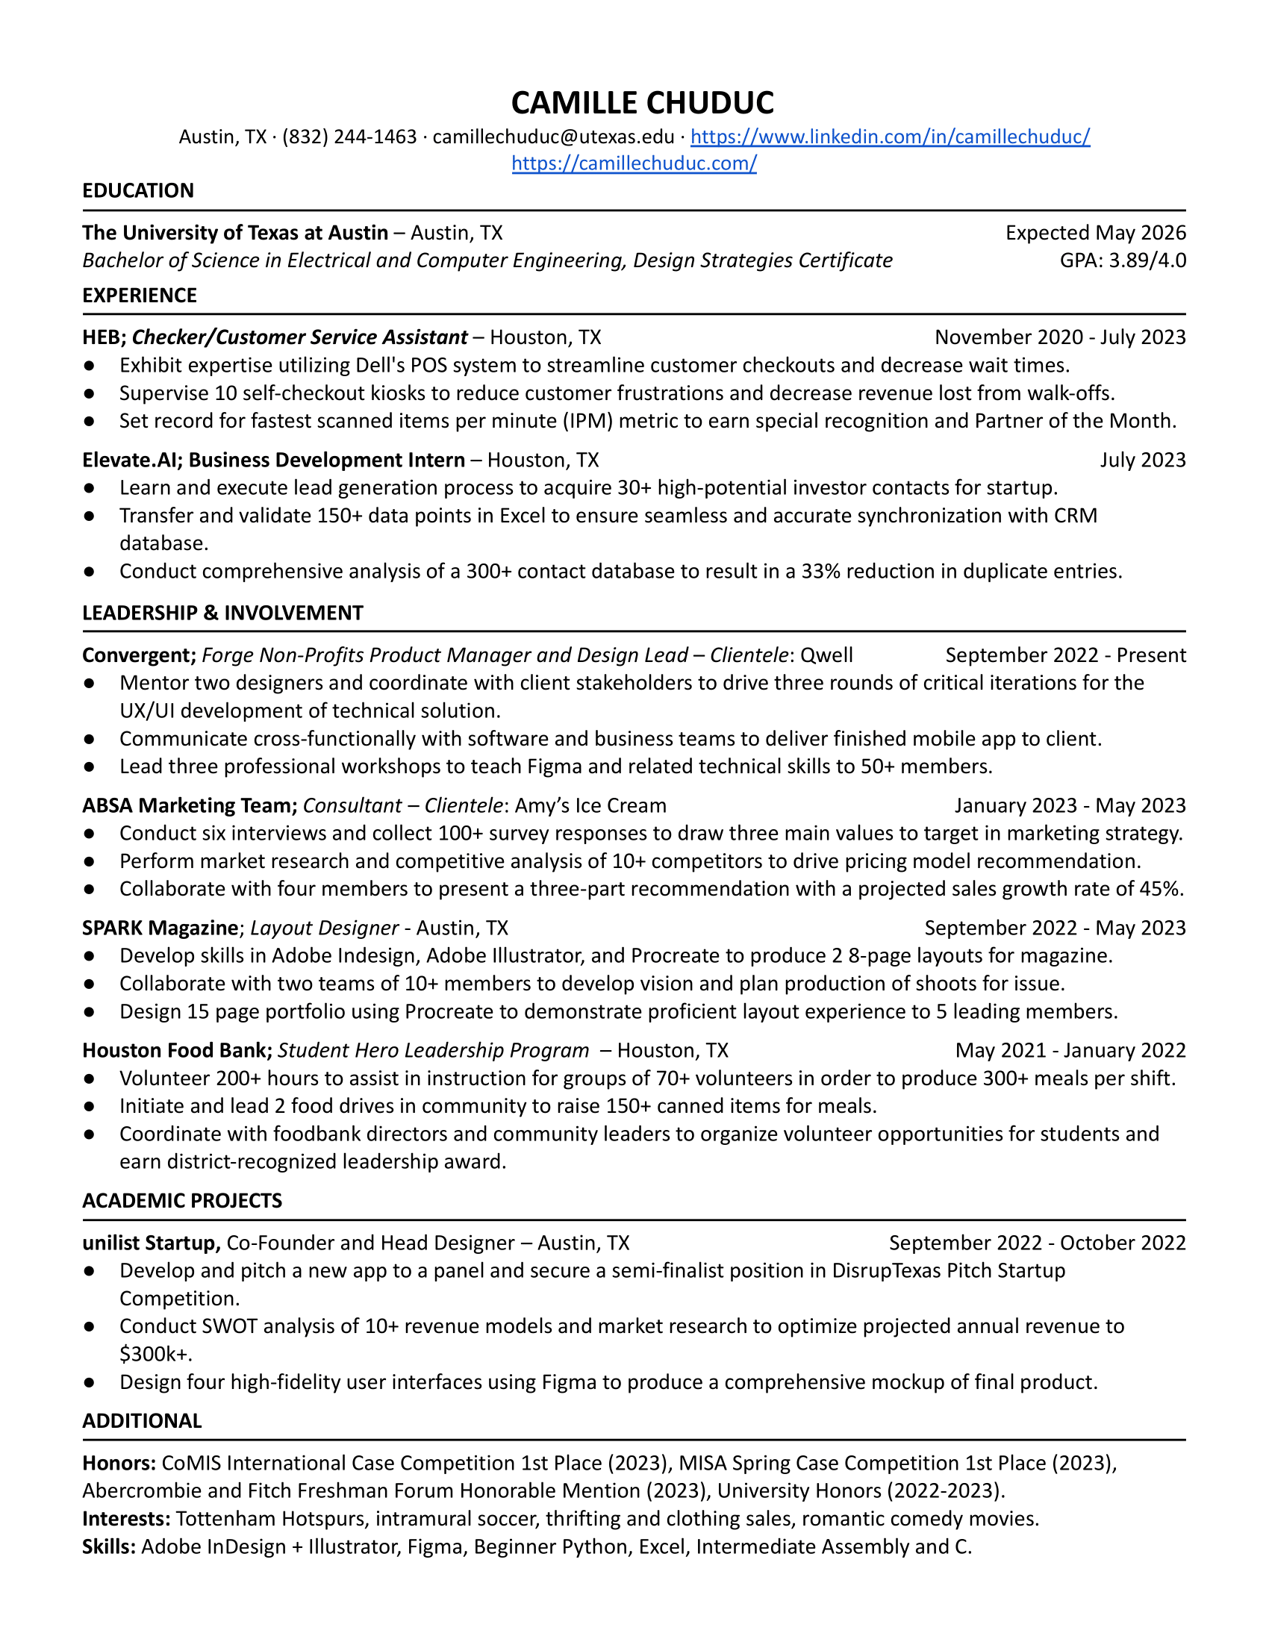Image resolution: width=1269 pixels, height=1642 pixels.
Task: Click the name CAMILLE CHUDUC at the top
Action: click(x=642, y=103)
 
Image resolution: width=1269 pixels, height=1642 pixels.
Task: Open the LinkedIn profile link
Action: click(x=889, y=137)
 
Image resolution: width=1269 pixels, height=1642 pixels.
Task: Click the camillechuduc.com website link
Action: click(x=634, y=163)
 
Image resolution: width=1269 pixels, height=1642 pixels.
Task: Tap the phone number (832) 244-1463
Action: click(x=349, y=137)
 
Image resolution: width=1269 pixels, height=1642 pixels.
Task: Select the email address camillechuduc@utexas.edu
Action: click(x=553, y=137)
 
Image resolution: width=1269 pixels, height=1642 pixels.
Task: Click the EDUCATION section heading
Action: click(x=137, y=191)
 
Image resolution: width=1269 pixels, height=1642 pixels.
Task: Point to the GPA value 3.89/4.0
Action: click(x=1147, y=261)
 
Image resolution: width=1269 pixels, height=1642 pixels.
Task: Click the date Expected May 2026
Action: click(x=1095, y=233)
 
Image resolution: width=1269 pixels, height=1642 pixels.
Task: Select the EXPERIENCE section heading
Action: click(x=139, y=296)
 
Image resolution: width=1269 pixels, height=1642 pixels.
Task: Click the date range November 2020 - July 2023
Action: click(x=1060, y=337)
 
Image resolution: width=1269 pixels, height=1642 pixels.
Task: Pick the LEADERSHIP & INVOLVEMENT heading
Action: click(x=222, y=614)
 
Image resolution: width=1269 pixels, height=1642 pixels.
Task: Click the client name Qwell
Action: click(x=826, y=655)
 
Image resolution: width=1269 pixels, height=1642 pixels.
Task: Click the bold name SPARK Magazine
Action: click(x=160, y=928)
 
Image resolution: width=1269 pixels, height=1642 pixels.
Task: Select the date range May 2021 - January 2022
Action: click(x=1070, y=1051)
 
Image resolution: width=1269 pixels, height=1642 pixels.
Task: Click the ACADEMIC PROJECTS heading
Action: click(x=182, y=1201)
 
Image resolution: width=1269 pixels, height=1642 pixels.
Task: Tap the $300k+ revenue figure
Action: click(x=155, y=1355)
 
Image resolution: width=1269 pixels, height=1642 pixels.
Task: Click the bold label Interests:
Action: click(x=126, y=1520)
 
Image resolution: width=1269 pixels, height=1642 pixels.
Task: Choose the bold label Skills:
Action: click(x=109, y=1547)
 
